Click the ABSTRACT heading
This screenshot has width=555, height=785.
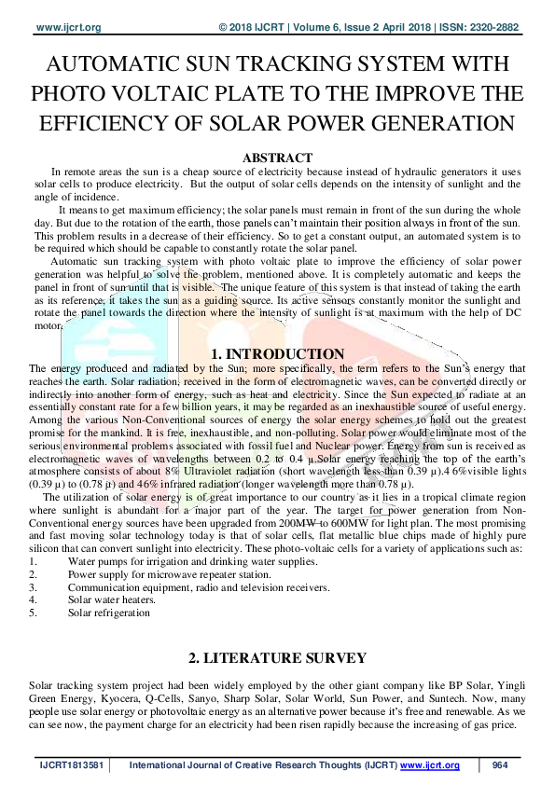tap(277, 158)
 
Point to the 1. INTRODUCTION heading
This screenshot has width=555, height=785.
tap(278, 354)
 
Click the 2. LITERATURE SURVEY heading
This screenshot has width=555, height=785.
tap(277, 659)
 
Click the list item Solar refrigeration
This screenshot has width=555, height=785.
tap(109, 613)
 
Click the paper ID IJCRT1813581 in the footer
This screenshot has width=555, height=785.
tap(70, 765)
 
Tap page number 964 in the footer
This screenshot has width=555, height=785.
tap(499, 765)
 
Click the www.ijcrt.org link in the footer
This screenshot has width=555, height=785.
tap(430, 765)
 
